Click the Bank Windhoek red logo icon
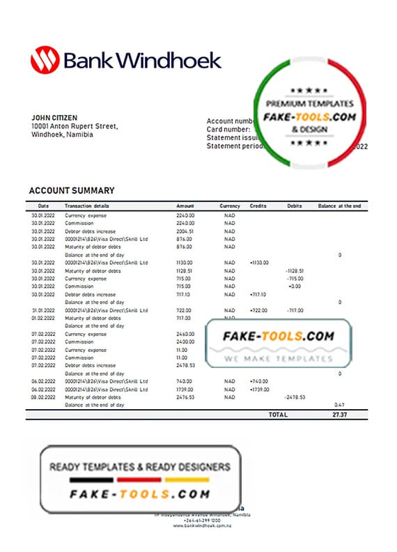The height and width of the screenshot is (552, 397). point(44,60)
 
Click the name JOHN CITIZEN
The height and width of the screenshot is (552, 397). point(54,118)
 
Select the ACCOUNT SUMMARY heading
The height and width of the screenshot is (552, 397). point(72,190)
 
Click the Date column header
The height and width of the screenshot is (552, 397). point(43,206)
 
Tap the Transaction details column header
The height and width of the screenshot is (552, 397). point(87,206)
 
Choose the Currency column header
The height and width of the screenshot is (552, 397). point(230,206)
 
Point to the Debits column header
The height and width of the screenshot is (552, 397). point(295,206)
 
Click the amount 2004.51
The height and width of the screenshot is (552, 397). point(185,231)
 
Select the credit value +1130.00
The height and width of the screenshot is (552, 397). point(258,263)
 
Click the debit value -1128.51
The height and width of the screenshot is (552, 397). point(294,270)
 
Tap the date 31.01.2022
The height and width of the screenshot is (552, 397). point(42,310)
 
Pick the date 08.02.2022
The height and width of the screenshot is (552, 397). point(42,397)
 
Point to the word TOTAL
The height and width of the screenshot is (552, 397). point(278,414)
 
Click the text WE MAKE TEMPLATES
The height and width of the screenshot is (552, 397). point(279,358)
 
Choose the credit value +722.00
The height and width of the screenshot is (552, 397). point(258,310)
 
